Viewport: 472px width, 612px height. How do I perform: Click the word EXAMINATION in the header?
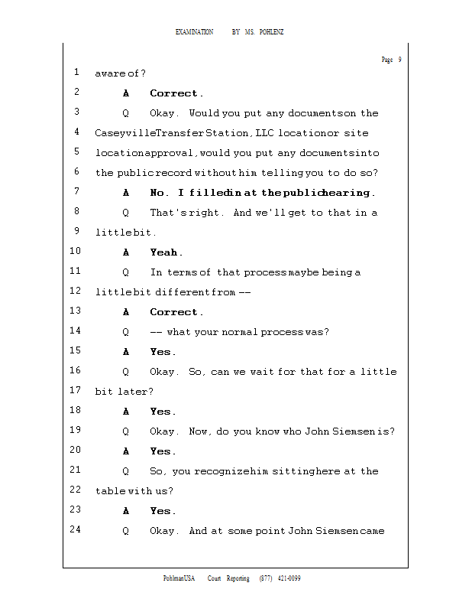tap(194, 32)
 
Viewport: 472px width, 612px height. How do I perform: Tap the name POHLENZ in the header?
tap(270, 32)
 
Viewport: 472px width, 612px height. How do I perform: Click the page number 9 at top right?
tap(399, 60)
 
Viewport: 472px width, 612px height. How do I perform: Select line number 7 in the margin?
tap(77, 192)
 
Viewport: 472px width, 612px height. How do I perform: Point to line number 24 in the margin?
tap(76, 530)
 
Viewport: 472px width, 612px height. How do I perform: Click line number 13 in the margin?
tap(76, 311)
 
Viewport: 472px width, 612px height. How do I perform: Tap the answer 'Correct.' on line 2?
tap(176, 93)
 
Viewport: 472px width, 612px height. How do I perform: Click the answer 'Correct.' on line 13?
tap(176, 312)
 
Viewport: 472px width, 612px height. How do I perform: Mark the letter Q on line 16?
tap(125, 372)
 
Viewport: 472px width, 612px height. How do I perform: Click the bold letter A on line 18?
tap(125, 412)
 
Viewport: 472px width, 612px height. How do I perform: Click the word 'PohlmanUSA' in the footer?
tap(179, 578)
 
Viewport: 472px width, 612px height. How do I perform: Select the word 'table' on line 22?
tap(108, 491)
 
